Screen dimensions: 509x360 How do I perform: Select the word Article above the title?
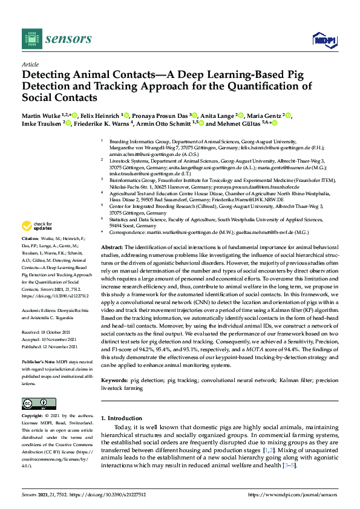tap(30, 63)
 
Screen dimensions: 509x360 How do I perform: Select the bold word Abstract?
tap(111, 248)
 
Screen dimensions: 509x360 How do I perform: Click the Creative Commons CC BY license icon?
tap(39, 404)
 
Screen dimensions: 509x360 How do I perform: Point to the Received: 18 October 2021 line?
tap(50, 332)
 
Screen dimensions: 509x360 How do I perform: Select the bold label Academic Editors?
tap(40, 308)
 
